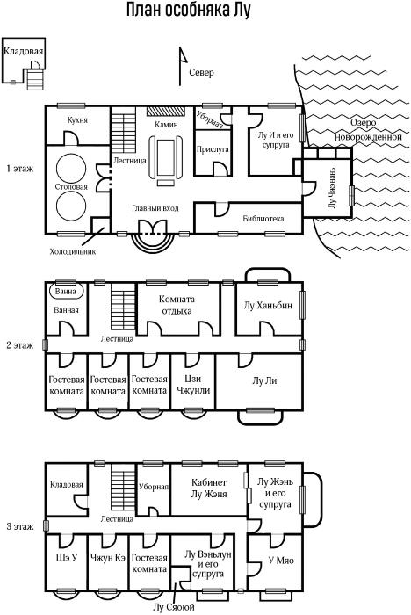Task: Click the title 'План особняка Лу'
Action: tap(188, 11)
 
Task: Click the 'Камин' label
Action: tap(166, 125)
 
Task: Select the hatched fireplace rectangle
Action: tap(166, 111)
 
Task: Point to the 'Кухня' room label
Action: tap(77, 120)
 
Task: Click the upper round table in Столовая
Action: tap(71, 169)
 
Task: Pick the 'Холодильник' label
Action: tap(73, 251)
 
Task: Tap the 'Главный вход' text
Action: tap(155, 208)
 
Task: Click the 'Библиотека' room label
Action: tap(263, 219)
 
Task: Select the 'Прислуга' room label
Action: tap(213, 149)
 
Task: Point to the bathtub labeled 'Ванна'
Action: tap(67, 292)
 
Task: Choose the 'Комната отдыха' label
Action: tap(177, 305)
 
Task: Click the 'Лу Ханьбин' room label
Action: tap(268, 305)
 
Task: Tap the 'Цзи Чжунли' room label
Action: tap(193, 385)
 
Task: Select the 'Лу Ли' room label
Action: tap(264, 380)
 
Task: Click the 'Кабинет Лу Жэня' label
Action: tap(209, 488)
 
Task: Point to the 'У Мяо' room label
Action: tap(281, 561)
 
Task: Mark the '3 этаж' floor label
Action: tap(20, 526)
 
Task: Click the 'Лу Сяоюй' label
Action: tap(173, 608)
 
